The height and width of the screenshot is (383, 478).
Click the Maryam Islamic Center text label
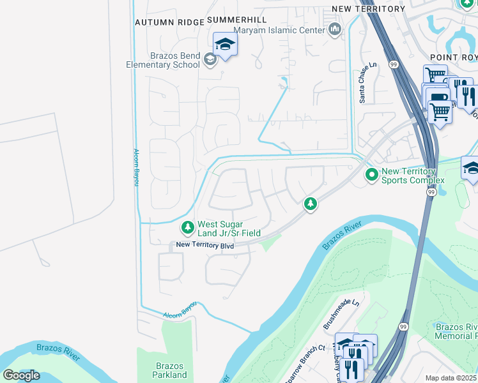[x=279, y=29]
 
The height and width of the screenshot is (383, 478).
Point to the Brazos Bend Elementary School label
[x=162, y=60]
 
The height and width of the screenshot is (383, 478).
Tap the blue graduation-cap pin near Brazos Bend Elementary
[x=225, y=45]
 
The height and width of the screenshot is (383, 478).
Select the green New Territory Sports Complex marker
[x=371, y=174]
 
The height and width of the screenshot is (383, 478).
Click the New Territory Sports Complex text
[x=408, y=176]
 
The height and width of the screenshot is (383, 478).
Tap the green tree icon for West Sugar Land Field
[x=187, y=227]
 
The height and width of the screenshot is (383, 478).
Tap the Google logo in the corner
[x=21, y=375]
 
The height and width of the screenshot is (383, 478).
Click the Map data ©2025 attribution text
[x=451, y=378]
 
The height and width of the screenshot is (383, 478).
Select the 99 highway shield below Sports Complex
[x=431, y=191]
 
